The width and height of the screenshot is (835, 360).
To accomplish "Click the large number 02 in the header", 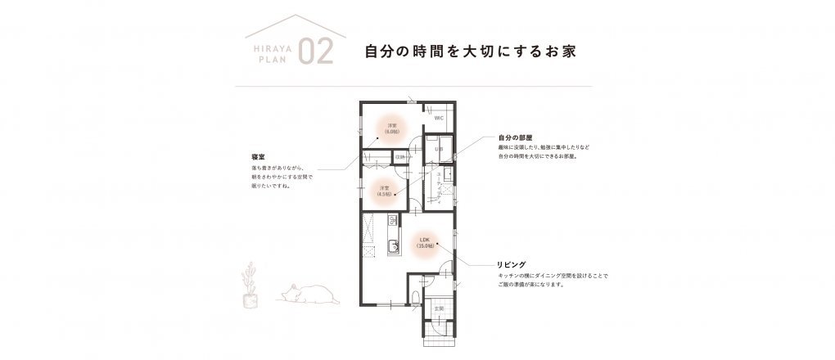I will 316,51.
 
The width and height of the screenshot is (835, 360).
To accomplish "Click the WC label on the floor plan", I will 439,118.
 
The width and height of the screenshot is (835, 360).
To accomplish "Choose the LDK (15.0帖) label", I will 424,242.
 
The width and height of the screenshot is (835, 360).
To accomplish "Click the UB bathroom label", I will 438,150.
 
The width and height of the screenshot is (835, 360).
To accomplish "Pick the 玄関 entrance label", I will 439,308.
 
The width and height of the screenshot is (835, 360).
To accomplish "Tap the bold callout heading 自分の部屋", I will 515,137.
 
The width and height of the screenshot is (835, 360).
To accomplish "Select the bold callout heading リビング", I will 511,265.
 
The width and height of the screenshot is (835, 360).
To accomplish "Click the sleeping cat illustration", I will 304,293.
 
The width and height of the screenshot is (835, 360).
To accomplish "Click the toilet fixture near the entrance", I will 417,297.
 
